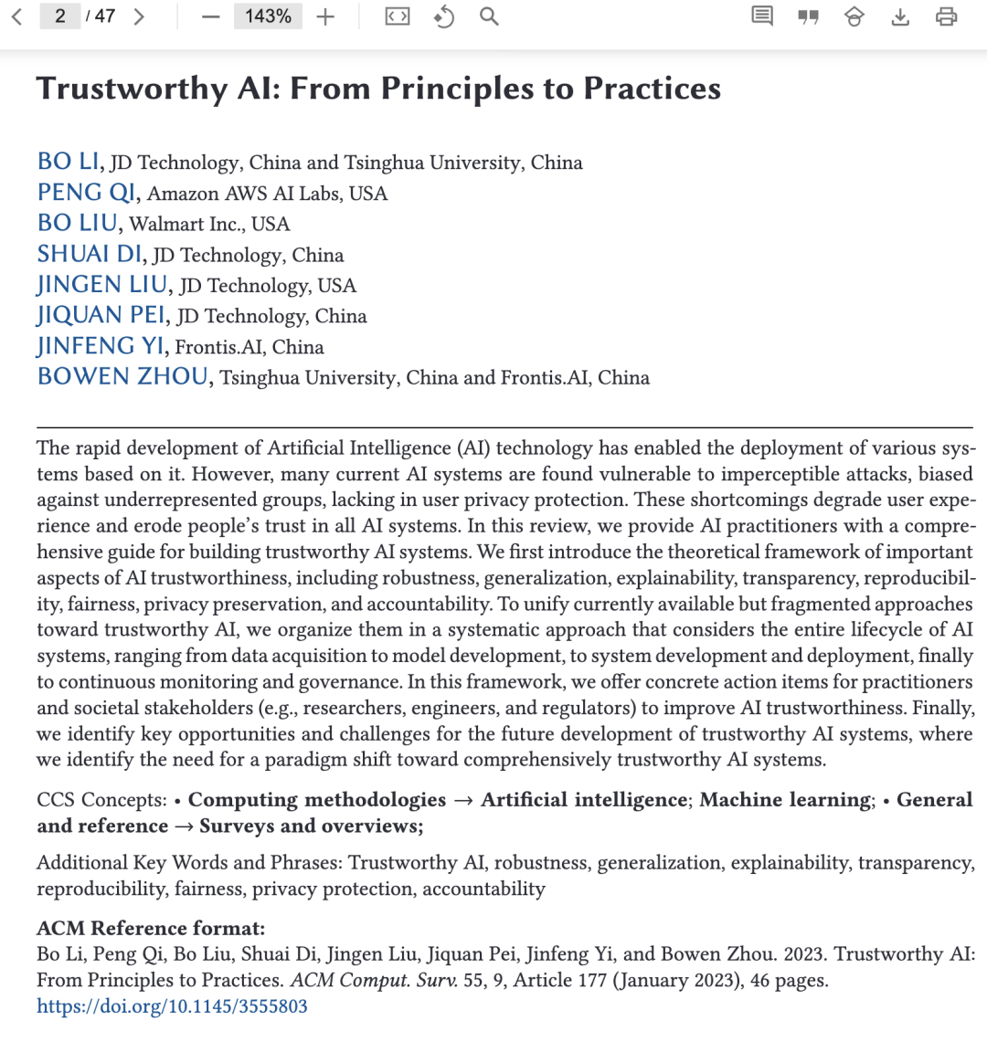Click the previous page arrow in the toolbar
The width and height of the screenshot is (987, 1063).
(16, 16)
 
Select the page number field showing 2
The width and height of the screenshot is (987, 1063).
(60, 16)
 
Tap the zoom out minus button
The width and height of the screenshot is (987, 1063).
(211, 16)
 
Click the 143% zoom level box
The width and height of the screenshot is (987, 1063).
(268, 16)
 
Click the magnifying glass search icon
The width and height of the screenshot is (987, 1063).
(489, 16)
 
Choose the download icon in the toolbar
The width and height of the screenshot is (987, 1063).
(900, 16)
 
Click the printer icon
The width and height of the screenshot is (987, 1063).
(947, 16)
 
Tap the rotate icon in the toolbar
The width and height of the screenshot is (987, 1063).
(444, 16)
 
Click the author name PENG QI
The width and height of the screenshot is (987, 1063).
(86, 193)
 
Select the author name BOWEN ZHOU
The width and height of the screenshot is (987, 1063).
(122, 377)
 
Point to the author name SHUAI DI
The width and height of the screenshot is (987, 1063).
(90, 254)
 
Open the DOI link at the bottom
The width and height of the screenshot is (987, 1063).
(172, 1006)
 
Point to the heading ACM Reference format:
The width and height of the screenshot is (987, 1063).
(151, 928)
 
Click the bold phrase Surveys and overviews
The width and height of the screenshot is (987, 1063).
(309, 826)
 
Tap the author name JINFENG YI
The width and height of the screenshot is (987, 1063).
(101, 346)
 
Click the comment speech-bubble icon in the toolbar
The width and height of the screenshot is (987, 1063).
(762, 16)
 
